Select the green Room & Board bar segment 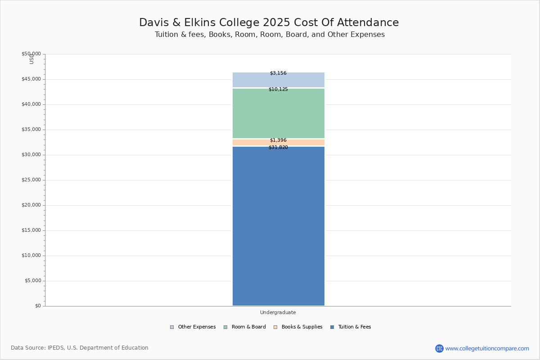(x=278, y=113)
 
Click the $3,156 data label (x=278, y=73)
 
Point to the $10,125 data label (x=278, y=89)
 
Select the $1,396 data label (x=278, y=140)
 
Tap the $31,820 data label (x=278, y=147)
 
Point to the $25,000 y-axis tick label (x=31, y=180)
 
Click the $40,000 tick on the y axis (x=31, y=104)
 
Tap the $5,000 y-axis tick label (x=32, y=281)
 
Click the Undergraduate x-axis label (x=278, y=312)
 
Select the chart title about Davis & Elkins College (x=269, y=22)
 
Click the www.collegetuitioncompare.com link (x=487, y=348)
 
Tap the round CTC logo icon (x=439, y=348)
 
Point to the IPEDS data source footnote (x=80, y=348)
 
